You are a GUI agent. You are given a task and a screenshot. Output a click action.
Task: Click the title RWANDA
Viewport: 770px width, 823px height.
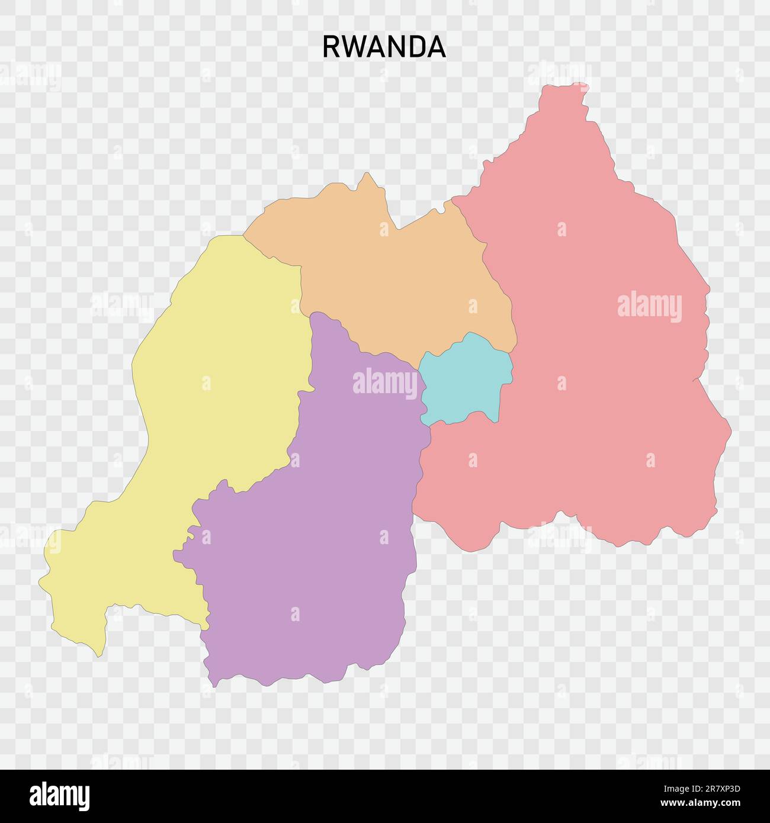pyautogui.click(x=384, y=47)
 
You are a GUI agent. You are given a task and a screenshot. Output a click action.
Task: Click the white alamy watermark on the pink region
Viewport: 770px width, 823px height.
pyautogui.click(x=649, y=307)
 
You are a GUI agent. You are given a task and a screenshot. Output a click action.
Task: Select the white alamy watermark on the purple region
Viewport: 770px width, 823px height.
pyautogui.click(x=385, y=383)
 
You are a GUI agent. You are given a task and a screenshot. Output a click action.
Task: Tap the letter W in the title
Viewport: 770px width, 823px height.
pyautogui.click(x=351, y=47)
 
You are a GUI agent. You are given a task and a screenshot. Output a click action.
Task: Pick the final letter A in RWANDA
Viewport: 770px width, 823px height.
pyautogui.click(x=437, y=47)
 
